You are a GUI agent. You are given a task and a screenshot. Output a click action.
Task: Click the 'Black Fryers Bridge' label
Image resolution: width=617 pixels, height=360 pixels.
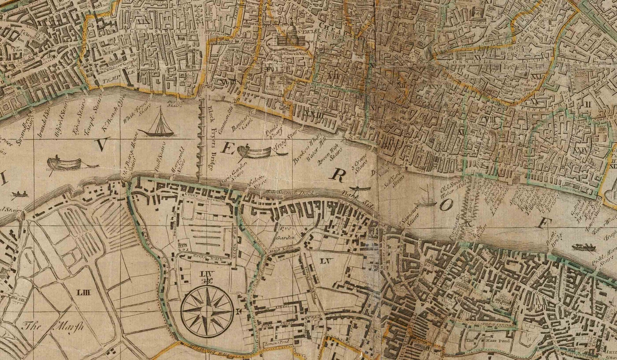(x=211, y=139)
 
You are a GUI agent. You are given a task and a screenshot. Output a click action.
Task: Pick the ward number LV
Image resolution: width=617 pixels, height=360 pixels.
(x=325, y=261)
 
